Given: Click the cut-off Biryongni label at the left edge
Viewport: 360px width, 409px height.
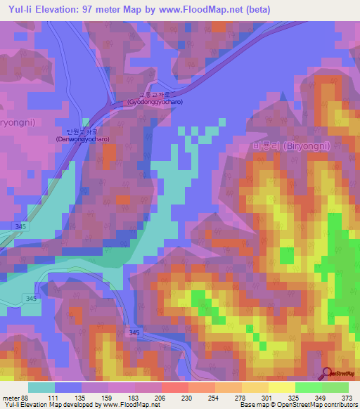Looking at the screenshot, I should pyautogui.click(x=17, y=121).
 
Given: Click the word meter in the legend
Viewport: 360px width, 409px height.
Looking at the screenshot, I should pyautogui.click(x=11, y=398).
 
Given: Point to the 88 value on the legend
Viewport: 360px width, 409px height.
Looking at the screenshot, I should pyautogui.click(x=27, y=398).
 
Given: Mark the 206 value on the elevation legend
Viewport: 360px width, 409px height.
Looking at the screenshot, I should pyautogui.click(x=160, y=398).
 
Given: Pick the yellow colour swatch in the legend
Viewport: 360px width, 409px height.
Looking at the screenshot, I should pyautogui.click(x=281, y=387).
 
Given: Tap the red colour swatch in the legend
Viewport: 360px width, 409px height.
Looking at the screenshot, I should pyautogui.click(x=174, y=387).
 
